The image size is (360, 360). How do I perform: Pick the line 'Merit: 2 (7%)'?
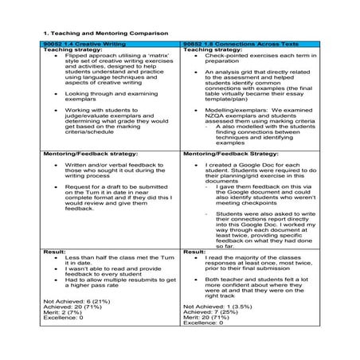(x=64, y=312)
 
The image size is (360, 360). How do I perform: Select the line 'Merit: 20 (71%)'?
(x=209, y=319)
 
